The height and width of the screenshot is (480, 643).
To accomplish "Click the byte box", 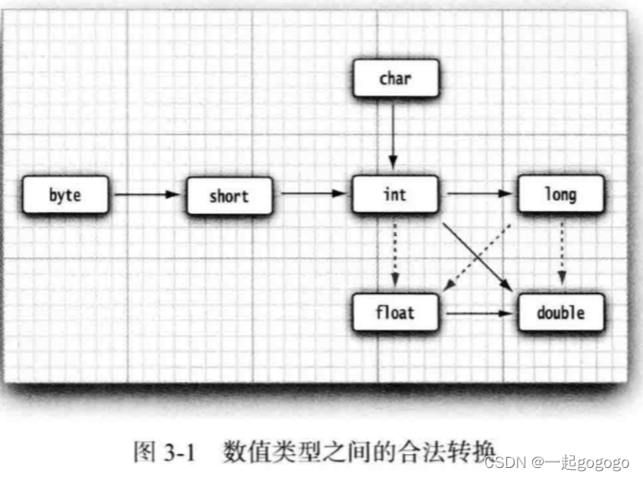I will pyautogui.click(x=66, y=196).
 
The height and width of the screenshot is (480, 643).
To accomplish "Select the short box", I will pyautogui.click(x=229, y=196).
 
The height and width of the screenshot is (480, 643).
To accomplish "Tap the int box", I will pyautogui.click(x=394, y=195).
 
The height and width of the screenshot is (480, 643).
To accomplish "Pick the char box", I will pyautogui.click(x=394, y=80).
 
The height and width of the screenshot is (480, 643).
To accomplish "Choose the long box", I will pyautogui.click(x=560, y=195).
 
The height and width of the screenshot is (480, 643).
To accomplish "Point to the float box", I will pyautogui.click(x=394, y=313).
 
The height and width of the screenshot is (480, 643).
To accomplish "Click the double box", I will pyautogui.click(x=560, y=313).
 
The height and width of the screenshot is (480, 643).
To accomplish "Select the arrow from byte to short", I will pyautogui.click(x=146, y=195).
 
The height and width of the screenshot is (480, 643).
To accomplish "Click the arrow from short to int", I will pyautogui.click(x=310, y=195).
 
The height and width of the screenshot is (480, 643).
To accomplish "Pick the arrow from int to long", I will pyautogui.click(x=477, y=195).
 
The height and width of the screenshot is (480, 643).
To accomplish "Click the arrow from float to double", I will pyautogui.click(x=477, y=314).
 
